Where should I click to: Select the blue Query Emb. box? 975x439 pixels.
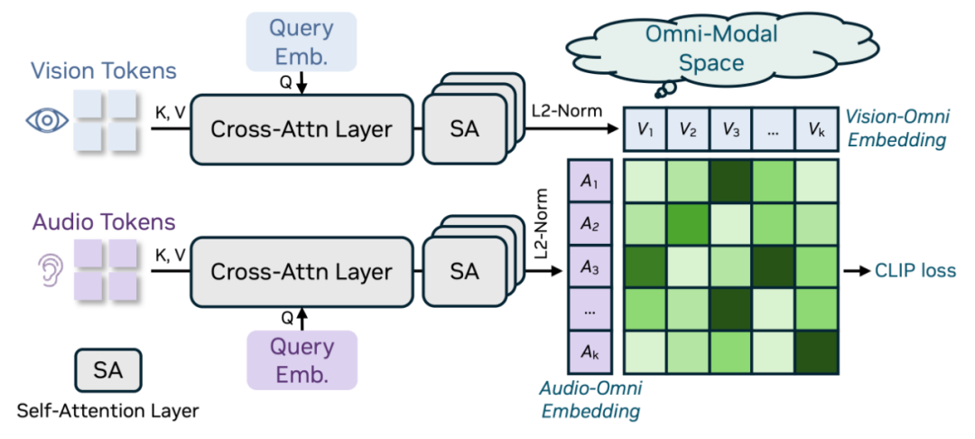301,42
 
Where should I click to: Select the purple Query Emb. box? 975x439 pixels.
301,360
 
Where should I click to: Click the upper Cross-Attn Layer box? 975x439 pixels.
301,128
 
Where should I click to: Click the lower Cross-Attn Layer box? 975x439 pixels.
301,271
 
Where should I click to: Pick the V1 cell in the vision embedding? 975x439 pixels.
645,129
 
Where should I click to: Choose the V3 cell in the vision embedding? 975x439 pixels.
731,129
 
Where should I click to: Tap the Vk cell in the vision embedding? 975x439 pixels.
818,129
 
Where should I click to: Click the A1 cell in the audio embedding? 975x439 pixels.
590,182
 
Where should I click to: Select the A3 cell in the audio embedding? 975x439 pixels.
590,268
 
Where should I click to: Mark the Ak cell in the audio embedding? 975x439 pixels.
590,352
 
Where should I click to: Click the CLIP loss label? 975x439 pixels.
915,270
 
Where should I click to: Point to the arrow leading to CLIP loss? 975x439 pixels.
856,270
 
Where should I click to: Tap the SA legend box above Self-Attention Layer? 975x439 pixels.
107,369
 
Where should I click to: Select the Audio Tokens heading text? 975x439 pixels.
105,221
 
